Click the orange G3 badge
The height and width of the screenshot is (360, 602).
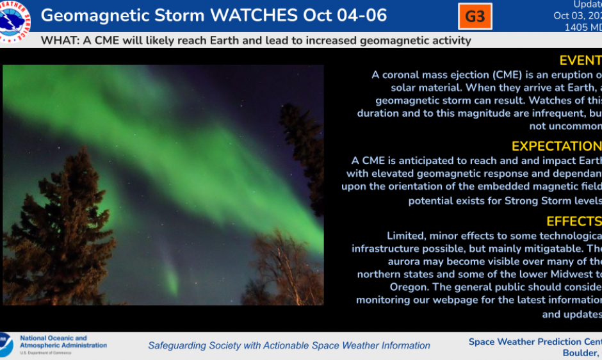475,17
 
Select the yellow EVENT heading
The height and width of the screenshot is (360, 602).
580,60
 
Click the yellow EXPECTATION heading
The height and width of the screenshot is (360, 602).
557,146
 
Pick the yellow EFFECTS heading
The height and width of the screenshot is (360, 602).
574,221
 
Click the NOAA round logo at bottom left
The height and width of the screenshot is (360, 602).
5,345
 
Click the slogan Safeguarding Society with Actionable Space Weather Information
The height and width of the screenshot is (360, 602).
289,345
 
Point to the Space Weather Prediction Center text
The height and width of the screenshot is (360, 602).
535,341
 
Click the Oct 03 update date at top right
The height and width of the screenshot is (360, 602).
570,16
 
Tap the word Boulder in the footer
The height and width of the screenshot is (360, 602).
580,354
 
